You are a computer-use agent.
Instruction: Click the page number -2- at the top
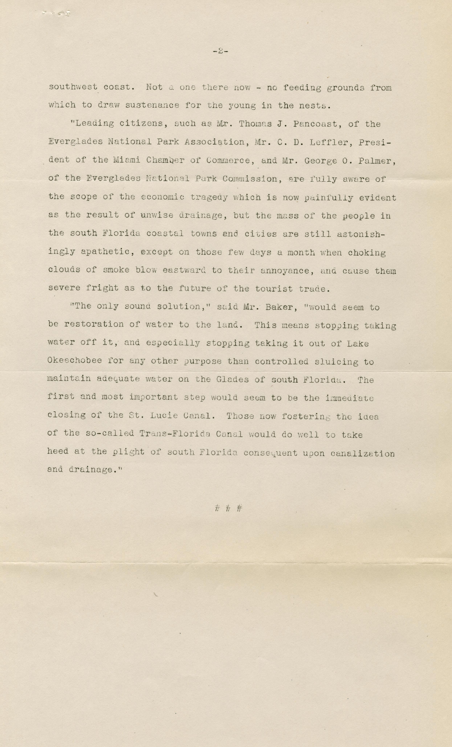click(220, 51)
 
